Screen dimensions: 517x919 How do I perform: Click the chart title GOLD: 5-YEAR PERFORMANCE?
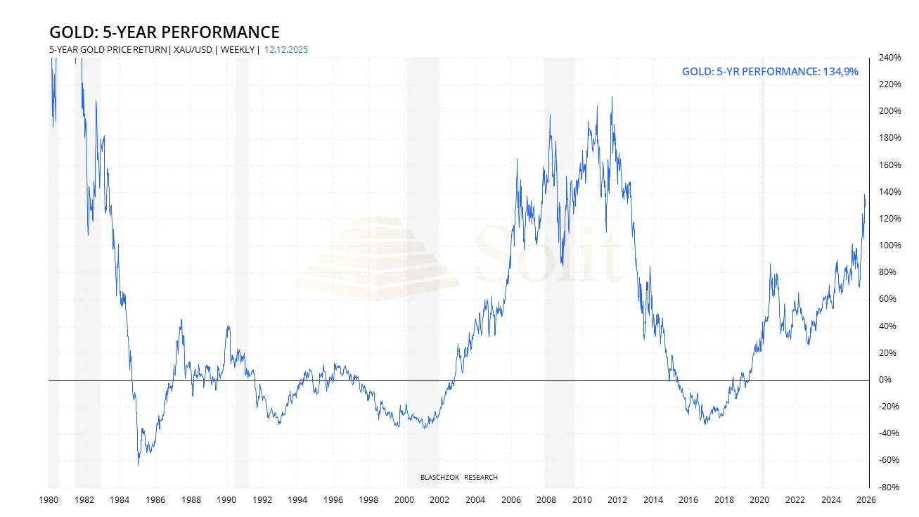click(164, 32)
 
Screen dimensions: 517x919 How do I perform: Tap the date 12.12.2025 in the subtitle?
click(285, 50)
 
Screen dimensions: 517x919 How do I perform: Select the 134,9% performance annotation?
click(770, 71)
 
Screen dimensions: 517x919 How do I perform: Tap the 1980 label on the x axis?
click(49, 500)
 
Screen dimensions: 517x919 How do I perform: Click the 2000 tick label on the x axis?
click(404, 500)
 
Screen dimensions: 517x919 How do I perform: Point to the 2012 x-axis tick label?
click(617, 500)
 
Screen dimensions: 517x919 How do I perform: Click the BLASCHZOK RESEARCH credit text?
click(458, 478)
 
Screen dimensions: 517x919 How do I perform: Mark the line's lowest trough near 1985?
click(138, 464)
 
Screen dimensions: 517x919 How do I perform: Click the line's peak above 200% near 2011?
click(612, 98)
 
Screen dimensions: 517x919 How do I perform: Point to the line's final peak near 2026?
click(864, 195)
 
